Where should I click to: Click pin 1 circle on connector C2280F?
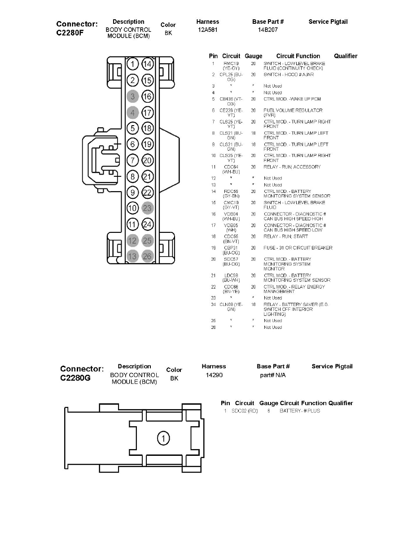tap(132, 64)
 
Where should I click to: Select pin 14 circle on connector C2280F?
tap(148, 64)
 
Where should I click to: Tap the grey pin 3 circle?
tap(132, 96)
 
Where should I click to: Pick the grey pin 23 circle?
tap(148, 208)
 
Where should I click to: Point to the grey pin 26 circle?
tap(148, 256)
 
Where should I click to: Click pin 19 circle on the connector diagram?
tap(148, 144)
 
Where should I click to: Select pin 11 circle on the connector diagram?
tap(132, 224)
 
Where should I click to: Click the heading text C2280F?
tap(72, 32)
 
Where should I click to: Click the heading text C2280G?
tap(75, 378)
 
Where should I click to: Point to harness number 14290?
tap(214, 375)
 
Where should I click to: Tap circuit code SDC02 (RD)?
tap(245, 411)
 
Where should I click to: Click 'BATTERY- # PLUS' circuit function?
tap(300, 411)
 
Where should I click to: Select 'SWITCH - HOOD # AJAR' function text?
tap(289, 74)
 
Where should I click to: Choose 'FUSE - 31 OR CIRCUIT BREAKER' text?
tap(298, 248)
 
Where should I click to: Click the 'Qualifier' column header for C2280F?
tap(346, 56)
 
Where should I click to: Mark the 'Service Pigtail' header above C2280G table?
tap(332, 366)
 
